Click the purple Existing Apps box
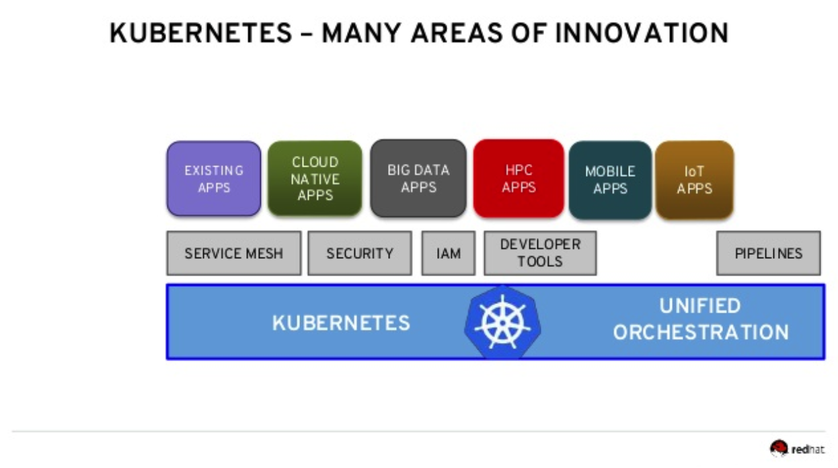(x=214, y=178)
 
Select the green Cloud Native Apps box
(x=315, y=178)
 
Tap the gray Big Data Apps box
(x=418, y=178)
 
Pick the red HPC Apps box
(x=519, y=178)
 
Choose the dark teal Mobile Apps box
(x=610, y=180)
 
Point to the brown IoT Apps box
(x=694, y=180)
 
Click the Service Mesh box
(x=234, y=253)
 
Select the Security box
(x=360, y=253)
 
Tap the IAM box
(x=449, y=253)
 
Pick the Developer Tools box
(x=540, y=253)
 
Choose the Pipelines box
(x=769, y=253)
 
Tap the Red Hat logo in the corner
(x=797, y=448)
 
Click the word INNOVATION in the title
(x=642, y=33)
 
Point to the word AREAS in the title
(x=457, y=33)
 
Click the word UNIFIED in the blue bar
(x=700, y=306)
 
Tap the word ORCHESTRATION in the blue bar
(x=701, y=332)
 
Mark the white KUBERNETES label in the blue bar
(x=341, y=323)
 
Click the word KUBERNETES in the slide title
(x=200, y=33)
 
